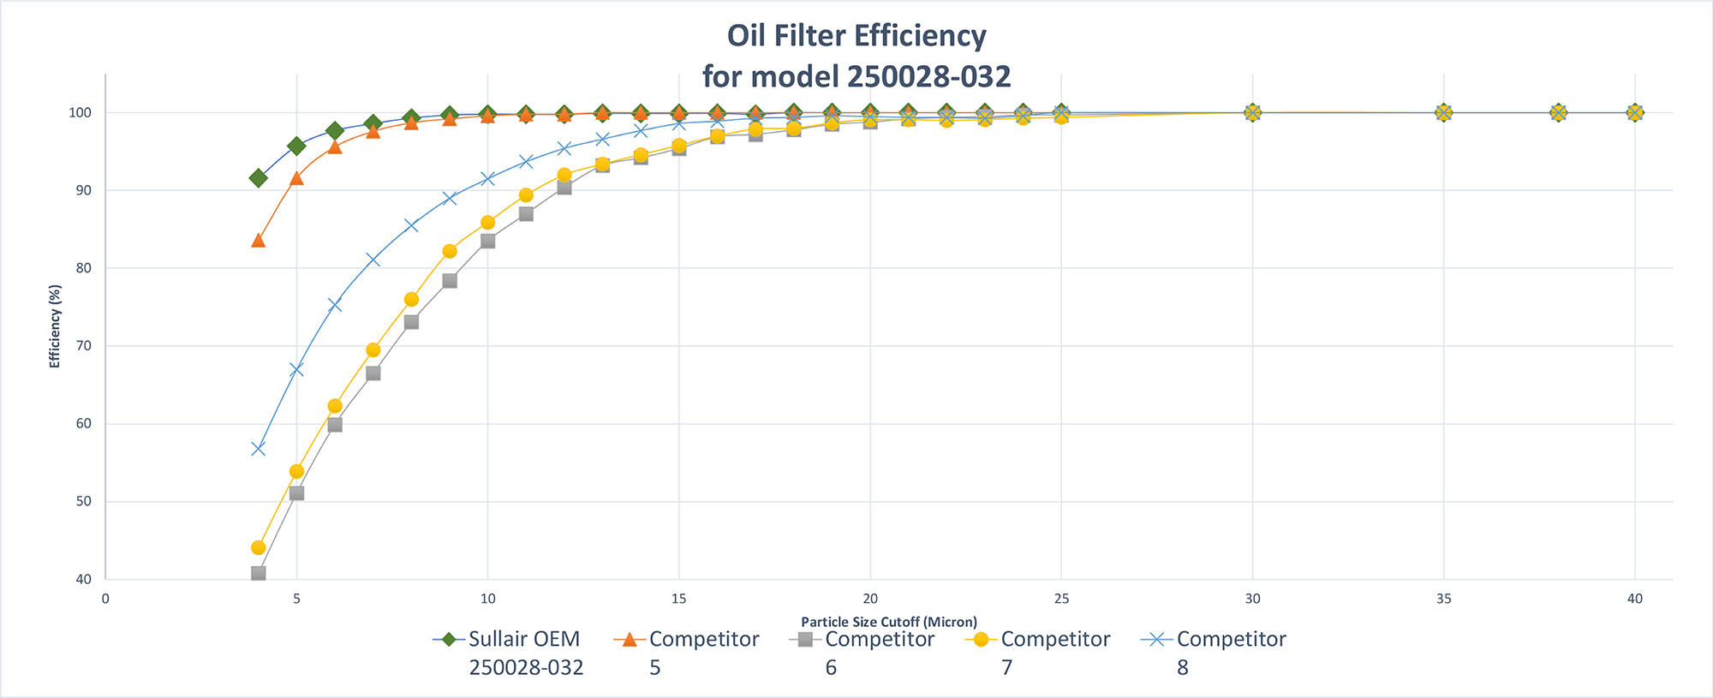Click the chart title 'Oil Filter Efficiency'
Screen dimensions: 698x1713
[x=856, y=36]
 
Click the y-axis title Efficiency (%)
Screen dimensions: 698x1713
[x=56, y=326]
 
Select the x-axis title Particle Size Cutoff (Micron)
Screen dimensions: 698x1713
[x=888, y=622]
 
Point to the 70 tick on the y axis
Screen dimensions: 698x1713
[x=83, y=346]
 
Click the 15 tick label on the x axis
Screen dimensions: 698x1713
[x=678, y=599]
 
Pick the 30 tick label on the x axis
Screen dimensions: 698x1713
[x=1252, y=599]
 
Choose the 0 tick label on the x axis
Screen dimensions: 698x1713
[x=105, y=599]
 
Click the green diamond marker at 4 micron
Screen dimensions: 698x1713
[x=258, y=178]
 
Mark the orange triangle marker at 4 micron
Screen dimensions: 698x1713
[x=258, y=241]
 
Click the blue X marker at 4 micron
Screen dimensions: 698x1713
[x=258, y=449]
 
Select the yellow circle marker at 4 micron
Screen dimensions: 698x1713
[x=258, y=547]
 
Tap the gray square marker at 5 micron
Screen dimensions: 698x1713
[x=296, y=493]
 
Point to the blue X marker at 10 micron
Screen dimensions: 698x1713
[x=487, y=179]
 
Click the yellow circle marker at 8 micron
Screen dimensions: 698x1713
[x=411, y=300]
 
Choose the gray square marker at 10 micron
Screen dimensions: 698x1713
[x=487, y=242]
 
